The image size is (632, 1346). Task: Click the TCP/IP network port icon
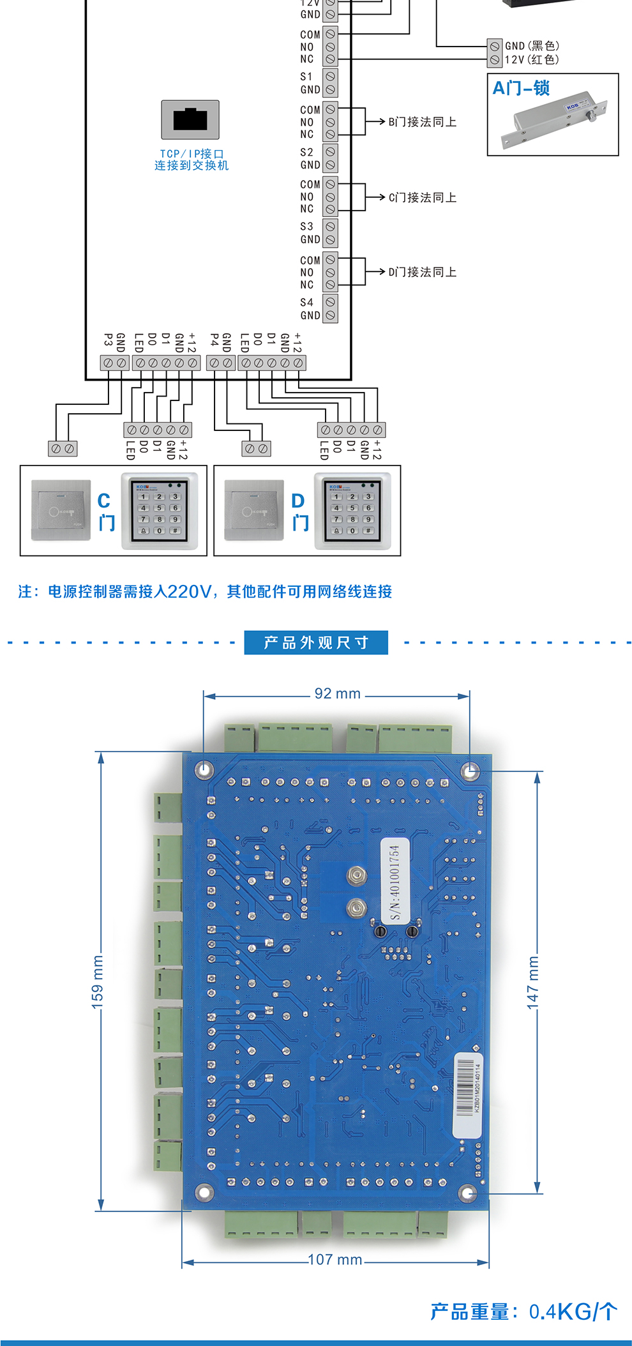190,119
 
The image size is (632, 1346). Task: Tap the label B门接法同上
422,122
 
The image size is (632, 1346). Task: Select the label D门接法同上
422,272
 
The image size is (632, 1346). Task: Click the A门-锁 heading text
521,88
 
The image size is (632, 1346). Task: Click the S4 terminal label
307,303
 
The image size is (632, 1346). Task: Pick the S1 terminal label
307,77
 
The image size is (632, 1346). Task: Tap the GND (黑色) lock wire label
532,46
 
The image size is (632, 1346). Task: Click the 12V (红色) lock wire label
532,59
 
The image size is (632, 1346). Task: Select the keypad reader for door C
160,511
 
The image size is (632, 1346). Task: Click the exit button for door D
254,511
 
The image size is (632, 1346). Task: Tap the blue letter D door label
298,501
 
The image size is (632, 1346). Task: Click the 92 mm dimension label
337,694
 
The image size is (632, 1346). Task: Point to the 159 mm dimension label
97,982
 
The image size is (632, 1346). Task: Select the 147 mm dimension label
533,982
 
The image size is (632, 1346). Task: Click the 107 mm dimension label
335,1260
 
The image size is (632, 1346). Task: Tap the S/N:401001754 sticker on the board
395,882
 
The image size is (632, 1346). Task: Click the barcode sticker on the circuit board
467,1096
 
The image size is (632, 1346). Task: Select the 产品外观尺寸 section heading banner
316,642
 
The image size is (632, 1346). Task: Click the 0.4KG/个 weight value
573,1312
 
